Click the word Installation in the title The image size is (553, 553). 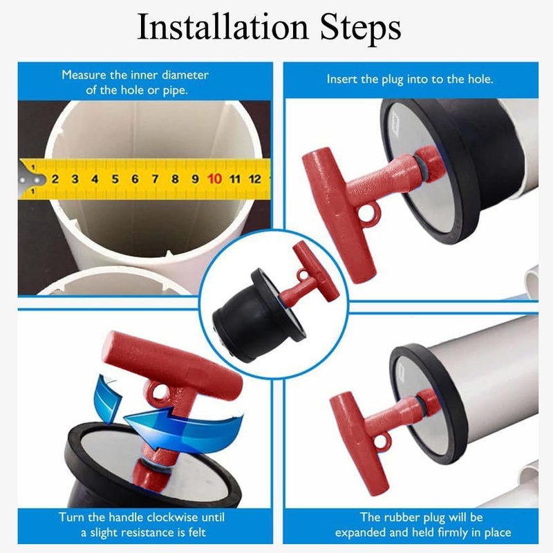click(x=219, y=28)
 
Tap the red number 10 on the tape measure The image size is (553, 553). click(x=215, y=179)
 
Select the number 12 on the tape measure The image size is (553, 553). click(x=254, y=179)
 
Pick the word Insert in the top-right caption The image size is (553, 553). click(x=341, y=79)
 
